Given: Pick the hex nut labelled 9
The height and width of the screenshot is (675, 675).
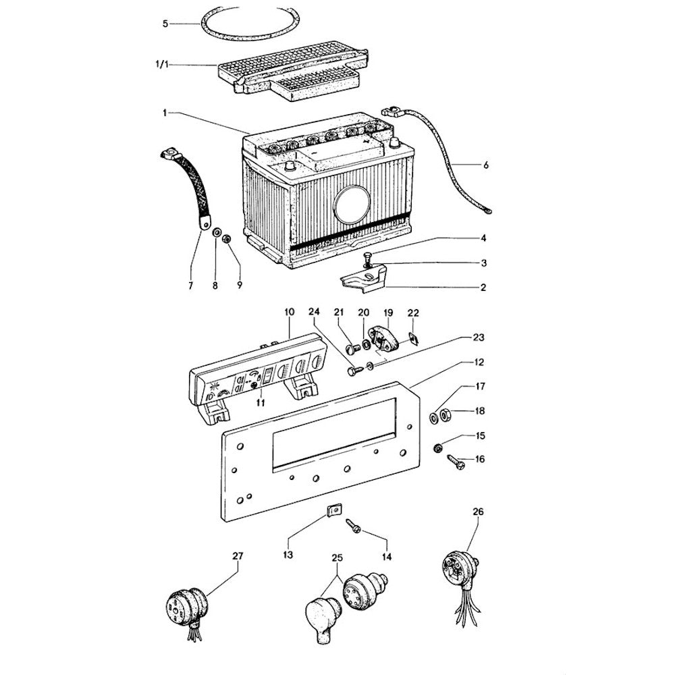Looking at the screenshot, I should click(x=228, y=238).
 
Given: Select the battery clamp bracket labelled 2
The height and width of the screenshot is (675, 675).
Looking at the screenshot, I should click(x=364, y=279).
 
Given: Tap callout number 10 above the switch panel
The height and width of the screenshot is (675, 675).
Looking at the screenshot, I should click(x=290, y=313).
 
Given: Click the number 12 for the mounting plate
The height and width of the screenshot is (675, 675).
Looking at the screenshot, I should click(x=479, y=363).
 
